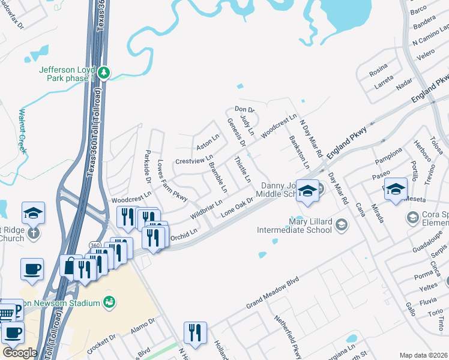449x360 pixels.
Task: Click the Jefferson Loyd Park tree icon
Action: click(104, 73)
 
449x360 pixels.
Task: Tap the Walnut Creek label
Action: click(23, 130)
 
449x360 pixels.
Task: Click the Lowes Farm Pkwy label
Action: click(173, 179)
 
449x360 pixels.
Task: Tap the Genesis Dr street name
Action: click(236, 132)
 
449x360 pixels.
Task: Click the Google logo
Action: click(20, 352)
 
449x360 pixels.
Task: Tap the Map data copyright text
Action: click(423, 355)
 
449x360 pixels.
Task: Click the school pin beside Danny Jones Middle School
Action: click(307, 191)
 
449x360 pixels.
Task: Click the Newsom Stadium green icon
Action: click(109, 301)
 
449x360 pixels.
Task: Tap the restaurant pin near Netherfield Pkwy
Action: click(194, 333)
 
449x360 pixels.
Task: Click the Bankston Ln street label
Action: click(299, 152)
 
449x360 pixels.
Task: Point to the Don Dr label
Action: click(245, 110)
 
